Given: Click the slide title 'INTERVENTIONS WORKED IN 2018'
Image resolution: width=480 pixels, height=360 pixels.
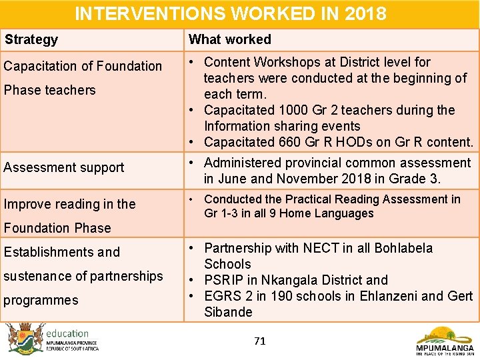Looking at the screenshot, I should [230, 13].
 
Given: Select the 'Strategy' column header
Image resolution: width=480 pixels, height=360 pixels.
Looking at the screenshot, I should [31, 40].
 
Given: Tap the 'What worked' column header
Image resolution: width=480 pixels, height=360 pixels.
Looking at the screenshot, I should [230, 40].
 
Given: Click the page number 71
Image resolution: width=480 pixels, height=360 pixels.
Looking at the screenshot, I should [260, 341].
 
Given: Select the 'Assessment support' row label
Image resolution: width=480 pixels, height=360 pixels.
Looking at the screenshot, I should [64, 167].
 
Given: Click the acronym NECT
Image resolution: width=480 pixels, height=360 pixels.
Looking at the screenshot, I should [322, 248].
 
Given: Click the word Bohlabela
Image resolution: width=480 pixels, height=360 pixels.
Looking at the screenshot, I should [403, 248].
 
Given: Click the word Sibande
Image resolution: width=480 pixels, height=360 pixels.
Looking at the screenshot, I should [228, 312].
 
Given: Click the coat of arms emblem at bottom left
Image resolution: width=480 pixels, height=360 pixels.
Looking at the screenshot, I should [25, 339].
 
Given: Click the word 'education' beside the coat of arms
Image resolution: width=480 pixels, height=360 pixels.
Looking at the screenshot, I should [67, 333].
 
